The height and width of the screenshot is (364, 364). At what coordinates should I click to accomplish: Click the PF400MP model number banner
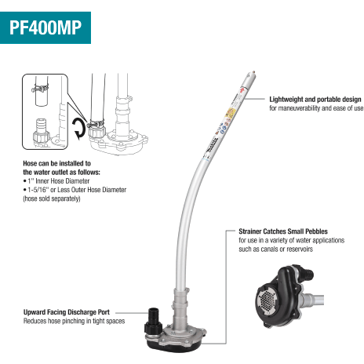point(49,27)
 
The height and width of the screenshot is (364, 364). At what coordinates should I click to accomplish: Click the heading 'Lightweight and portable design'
point(315,99)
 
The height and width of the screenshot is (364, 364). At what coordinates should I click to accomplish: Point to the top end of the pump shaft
point(250,71)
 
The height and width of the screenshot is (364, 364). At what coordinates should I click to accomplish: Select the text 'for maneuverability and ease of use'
point(316,108)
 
